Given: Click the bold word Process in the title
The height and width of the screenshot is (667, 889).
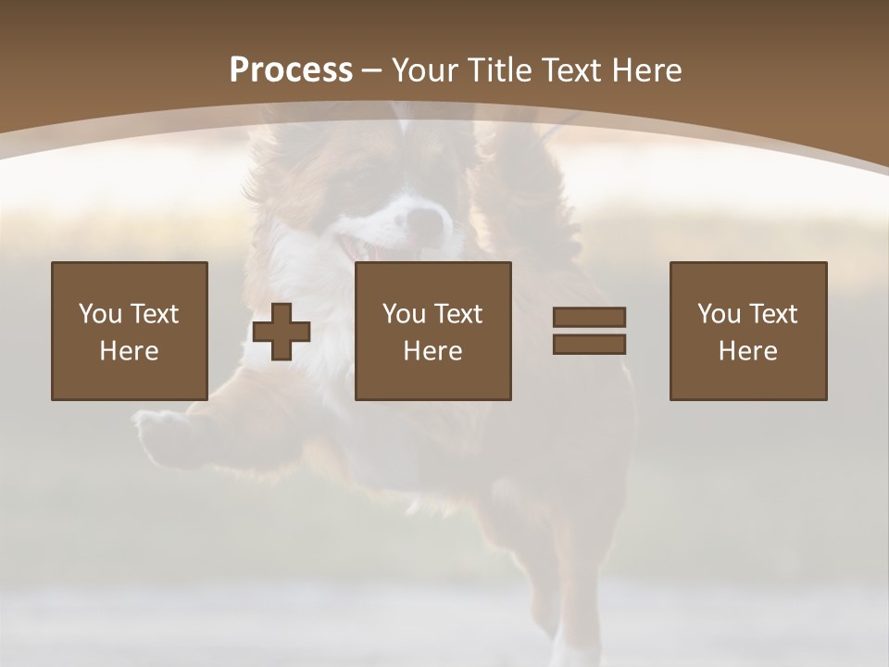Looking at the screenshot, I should click(x=291, y=70).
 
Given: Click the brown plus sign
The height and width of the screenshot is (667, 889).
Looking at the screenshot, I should click(x=282, y=332).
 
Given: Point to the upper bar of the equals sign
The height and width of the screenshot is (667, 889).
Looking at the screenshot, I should click(x=589, y=318).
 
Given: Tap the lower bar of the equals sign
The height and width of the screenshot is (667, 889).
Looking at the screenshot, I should click(x=589, y=344).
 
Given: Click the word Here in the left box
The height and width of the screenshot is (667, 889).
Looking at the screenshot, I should click(x=129, y=351).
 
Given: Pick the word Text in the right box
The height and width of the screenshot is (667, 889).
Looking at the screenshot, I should click(x=773, y=314).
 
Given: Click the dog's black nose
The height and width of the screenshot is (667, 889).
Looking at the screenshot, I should click(x=427, y=222).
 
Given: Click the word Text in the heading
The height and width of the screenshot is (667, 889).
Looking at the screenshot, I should click(x=573, y=70).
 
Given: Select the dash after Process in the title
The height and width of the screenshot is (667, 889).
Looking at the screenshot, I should click(x=372, y=70).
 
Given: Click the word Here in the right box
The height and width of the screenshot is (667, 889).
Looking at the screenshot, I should click(x=747, y=351).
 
